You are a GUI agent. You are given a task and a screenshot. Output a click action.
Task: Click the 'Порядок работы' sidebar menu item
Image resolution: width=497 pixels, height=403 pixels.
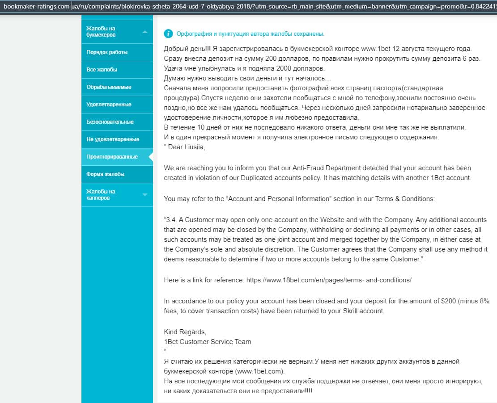coord(107,52)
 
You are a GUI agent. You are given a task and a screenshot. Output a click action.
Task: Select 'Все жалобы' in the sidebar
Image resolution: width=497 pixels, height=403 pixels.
coord(102,70)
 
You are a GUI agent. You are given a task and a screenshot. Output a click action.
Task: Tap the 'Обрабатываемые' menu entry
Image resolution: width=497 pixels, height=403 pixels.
coord(109,87)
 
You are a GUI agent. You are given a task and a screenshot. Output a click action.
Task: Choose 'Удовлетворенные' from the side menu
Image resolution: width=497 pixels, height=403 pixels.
coord(109,105)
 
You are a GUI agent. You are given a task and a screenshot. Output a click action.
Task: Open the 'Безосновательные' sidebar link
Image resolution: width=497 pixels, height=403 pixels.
coord(110,122)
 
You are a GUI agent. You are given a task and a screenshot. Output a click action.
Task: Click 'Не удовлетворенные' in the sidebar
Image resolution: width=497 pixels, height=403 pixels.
coord(113,139)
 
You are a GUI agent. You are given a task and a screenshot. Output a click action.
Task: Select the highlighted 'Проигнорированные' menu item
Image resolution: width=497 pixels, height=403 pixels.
coord(112,157)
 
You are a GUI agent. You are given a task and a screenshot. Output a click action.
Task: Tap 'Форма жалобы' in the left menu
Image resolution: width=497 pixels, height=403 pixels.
coord(106,174)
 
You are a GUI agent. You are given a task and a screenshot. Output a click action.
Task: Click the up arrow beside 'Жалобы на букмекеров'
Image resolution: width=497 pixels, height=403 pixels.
coord(144,32)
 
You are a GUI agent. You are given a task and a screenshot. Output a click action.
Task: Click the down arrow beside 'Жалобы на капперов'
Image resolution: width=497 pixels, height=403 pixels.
coord(144,195)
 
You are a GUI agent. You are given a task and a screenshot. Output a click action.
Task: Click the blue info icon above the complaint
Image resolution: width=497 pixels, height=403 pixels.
coord(168,34)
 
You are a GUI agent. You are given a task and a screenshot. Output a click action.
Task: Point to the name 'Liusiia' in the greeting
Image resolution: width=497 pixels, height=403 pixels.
coord(193,147)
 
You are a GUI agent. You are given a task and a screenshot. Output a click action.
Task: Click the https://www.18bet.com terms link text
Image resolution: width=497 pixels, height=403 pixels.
coord(328,280)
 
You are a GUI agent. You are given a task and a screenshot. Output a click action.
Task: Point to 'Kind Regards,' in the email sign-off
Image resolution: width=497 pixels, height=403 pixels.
coord(185,332)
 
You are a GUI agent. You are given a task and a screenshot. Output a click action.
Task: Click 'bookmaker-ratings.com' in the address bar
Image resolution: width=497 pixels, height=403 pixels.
coord(37,7)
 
